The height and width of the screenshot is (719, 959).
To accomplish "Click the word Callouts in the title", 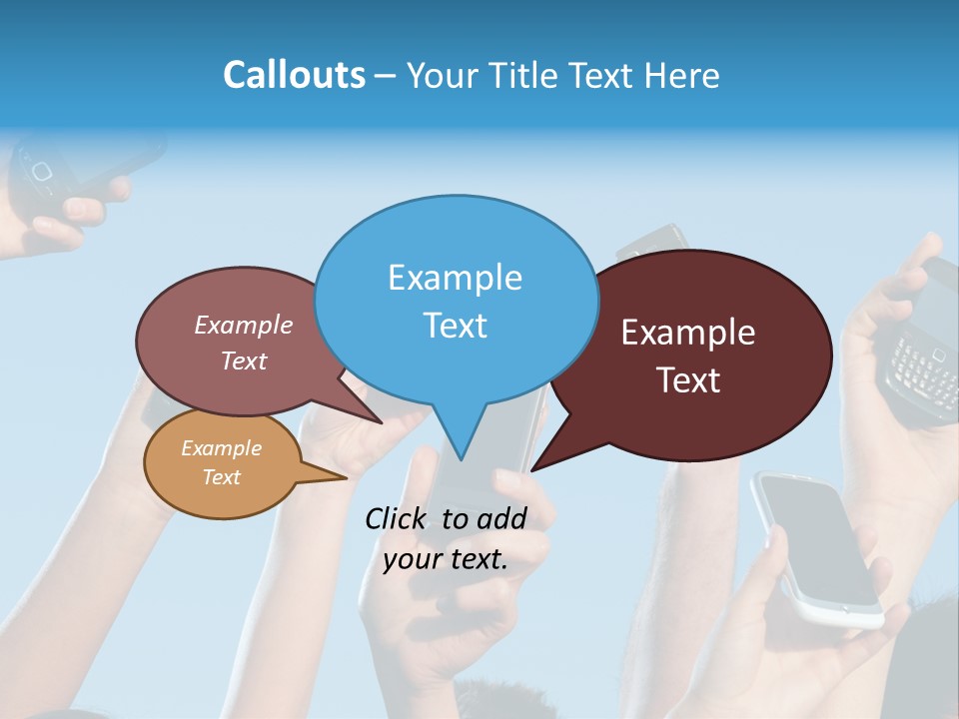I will [294, 75].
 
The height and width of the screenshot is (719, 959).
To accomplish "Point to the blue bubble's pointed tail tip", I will [461, 458].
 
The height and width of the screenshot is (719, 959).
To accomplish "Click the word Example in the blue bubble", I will [455, 278].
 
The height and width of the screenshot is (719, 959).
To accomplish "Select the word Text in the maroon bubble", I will [689, 380].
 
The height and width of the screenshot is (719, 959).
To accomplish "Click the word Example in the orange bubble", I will [221, 448].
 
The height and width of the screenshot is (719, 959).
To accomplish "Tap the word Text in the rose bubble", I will [244, 360].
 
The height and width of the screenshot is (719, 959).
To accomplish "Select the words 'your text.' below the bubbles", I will [446, 559].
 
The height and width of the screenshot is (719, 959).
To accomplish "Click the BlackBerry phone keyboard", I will [921, 367].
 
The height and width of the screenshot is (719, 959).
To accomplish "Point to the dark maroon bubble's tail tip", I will [533, 469].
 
